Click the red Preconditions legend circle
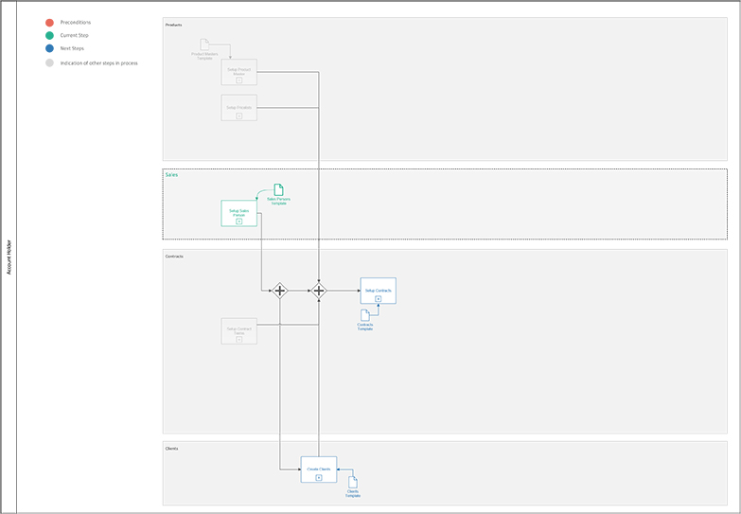(x=49, y=22)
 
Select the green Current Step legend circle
(x=49, y=35)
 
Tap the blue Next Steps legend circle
(x=49, y=48)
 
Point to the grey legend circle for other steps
(x=49, y=63)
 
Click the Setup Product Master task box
(x=238, y=72)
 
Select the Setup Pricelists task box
(x=238, y=107)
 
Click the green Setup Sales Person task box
(x=238, y=213)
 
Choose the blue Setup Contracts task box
(x=378, y=291)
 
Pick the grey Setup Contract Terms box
(x=238, y=330)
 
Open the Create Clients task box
(x=319, y=470)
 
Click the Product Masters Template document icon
(x=204, y=44)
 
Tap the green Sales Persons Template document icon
(x=278, y=189)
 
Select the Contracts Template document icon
(x=365, y=315)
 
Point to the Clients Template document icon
(x=353, y=483)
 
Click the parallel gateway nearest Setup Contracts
(x=319, y=291)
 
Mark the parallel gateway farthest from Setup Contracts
(x=279, y=291)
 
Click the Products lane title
(x=173, y=25)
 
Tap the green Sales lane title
(x=171, y=175)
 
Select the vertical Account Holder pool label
(x=9, y=257)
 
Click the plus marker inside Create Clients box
(x=319, y=478)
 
